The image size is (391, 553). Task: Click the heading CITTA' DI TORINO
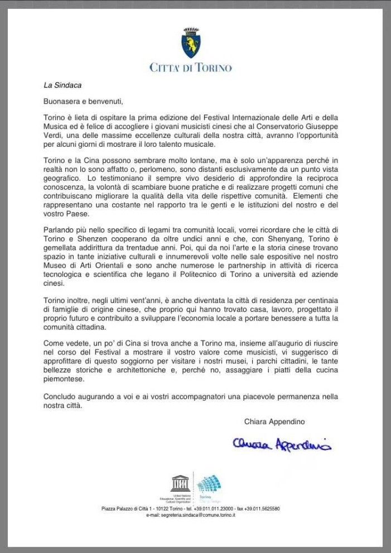click(x=191, y=68)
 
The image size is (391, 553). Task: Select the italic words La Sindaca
click(x=63, y=85)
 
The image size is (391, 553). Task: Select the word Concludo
click(x=61, y=397)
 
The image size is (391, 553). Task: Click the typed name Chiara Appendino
click(x=274, y=421)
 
